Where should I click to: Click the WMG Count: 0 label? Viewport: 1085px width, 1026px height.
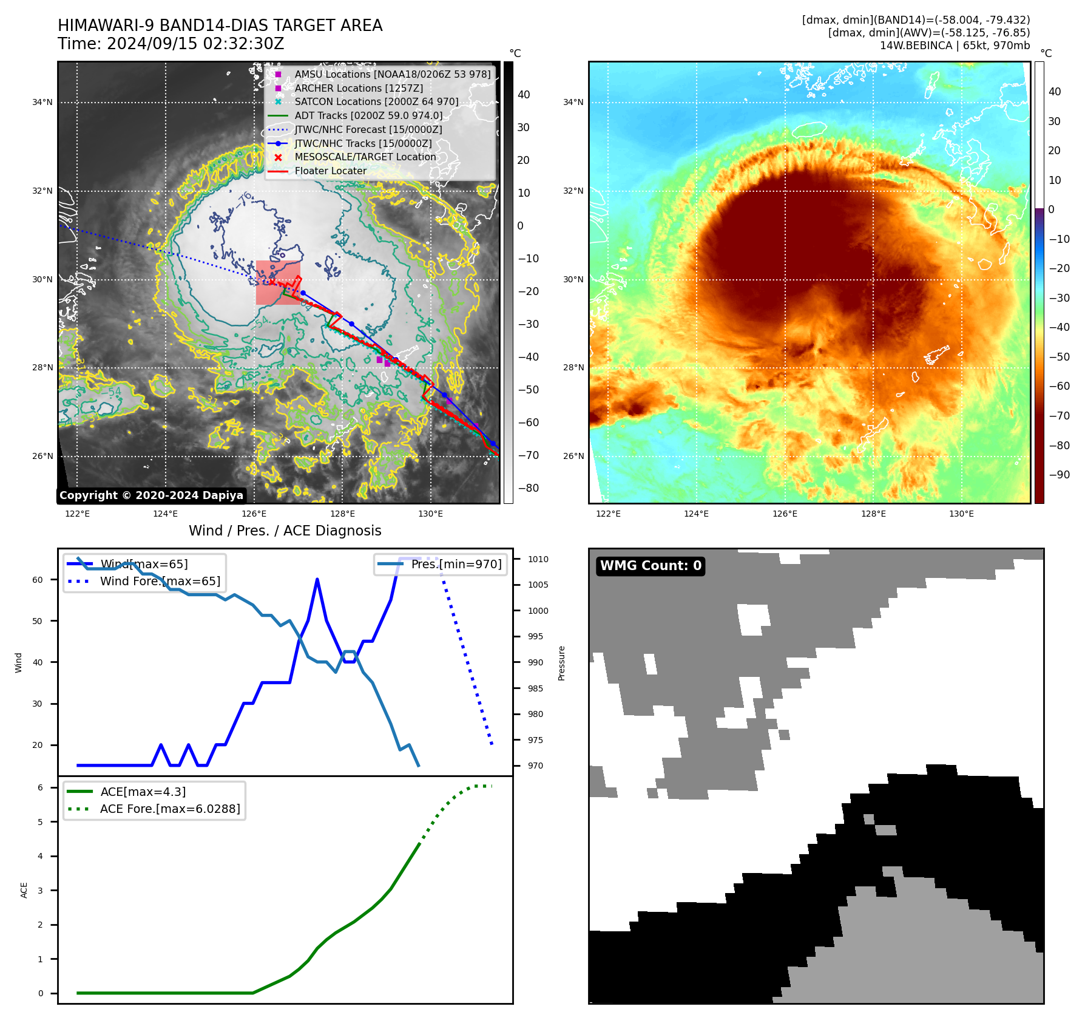point(651,566)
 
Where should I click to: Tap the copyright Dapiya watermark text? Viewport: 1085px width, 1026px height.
point(151,495)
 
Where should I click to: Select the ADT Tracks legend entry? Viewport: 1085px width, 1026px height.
point(368,115)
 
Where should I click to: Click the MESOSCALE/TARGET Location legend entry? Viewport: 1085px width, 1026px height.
point(365,157)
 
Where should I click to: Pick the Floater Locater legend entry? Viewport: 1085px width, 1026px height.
point(330,171)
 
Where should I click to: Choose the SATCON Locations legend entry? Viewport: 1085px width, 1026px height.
point(376,101)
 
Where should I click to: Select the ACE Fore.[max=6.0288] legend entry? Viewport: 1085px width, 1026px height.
point(170,809)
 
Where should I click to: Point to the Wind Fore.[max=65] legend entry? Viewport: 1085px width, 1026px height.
point(160,581)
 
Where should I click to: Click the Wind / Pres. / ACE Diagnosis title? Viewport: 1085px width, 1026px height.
point(285,531)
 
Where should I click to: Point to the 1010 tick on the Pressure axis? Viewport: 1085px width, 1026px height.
point(538,559)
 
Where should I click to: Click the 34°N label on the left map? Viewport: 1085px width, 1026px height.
point(42,102)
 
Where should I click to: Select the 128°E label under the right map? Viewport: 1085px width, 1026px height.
point(873,514)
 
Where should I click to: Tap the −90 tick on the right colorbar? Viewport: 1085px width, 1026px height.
point(1060,475)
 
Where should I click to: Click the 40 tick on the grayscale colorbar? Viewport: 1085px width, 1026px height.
point(524,95)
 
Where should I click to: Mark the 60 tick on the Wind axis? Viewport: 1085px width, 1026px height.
point(38,580)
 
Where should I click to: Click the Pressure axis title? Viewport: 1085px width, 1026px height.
point(561,663)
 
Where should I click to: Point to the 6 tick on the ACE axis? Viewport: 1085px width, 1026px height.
point(41,787)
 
